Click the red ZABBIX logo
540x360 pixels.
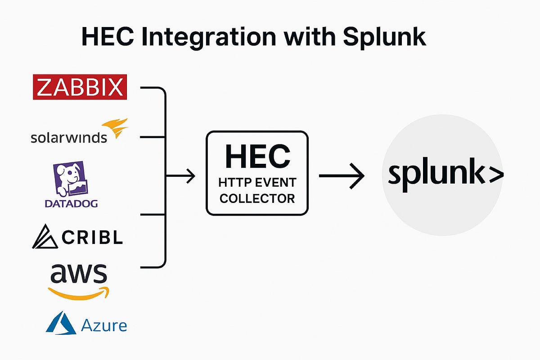[80, 87]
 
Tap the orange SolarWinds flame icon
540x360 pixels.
[115, 128]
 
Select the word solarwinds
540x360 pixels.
[69, 137]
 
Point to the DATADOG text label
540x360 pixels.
[71, 203]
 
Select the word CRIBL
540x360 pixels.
[92, 238]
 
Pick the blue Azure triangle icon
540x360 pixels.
[61, 322]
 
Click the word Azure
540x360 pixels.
[104, 325]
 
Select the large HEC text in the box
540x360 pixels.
[257, 156]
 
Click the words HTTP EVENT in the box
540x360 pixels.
[257, 183]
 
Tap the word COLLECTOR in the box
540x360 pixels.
[257, 198]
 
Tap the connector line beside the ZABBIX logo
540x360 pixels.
[153, 88]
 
